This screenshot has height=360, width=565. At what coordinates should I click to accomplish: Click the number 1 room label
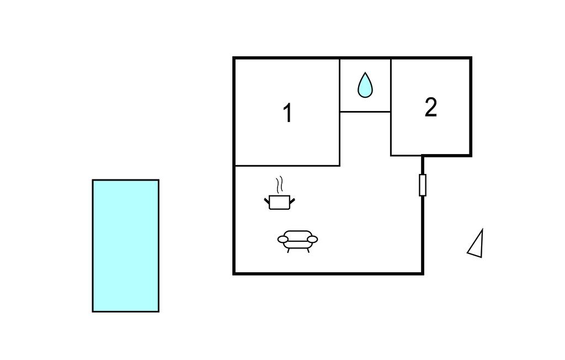pos(287,113)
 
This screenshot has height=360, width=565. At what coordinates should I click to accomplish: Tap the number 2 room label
pos(431,107)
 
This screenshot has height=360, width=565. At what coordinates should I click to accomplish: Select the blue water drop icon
pos(365,85)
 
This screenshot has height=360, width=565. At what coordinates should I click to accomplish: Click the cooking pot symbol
pos(279,202)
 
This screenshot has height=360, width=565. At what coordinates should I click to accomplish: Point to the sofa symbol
pos(297,240)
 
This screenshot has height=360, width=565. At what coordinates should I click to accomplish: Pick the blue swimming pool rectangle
pos(126,246)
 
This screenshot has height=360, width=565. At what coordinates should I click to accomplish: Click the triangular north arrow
pos(476,245)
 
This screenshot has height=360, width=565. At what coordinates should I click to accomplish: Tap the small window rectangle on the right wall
pos(423,184)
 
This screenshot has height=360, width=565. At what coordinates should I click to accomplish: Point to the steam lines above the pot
pos(280,184)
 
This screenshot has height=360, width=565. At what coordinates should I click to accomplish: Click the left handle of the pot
pos(266,200)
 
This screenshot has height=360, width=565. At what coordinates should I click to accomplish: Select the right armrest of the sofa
pos(312,239)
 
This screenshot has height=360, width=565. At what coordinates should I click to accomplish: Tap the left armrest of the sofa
pos(282,239)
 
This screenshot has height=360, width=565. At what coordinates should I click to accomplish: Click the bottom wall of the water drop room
pos(365,112)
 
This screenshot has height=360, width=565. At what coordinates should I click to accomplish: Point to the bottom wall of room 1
pos(287,165)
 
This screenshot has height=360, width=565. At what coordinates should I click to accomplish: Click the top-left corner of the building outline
pos(234,58)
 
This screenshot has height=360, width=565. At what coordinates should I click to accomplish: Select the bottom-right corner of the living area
pos(422,273)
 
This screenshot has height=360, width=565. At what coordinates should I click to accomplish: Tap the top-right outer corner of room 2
pos(470,58)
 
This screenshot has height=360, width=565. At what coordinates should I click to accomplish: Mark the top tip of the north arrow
pos(482,230)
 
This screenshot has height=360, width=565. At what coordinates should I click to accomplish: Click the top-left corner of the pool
pos(93,180)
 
